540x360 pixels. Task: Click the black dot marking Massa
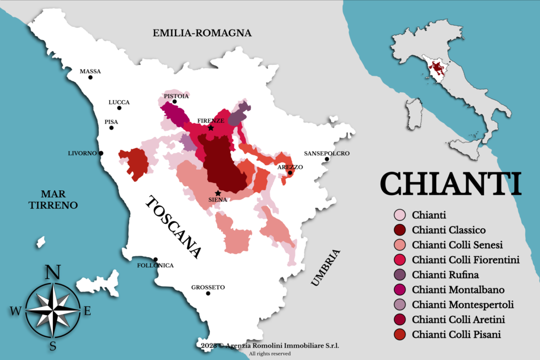click(x=90, y=77)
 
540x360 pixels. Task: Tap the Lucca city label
click(x=119, y=102)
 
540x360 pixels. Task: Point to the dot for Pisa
click(x=111, y=128)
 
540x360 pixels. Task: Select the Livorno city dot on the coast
click(x=101, y=153)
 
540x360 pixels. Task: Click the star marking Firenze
click(x=211, y=128)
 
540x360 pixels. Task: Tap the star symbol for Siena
click(x=218, y=193)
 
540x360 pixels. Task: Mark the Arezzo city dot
click(x=290, y=173)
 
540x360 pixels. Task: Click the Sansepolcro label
click(x=326, y=153)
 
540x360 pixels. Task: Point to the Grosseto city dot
click(x=208, y=293)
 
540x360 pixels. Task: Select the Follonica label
click(x=155, y=265)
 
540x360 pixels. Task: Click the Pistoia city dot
click(x=175, y=102)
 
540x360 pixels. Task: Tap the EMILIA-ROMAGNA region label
click(x=202, y=33)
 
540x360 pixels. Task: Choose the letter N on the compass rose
click(x=52, y=273)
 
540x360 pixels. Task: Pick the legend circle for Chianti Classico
click(x=400, y=230)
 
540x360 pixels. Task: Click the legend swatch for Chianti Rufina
click(x=400, y=275)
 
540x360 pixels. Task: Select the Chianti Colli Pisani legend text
click(x=457, y=334)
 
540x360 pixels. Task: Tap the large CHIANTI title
click(x=450, y=183)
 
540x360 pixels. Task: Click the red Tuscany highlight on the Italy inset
click(x=437, y=69)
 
